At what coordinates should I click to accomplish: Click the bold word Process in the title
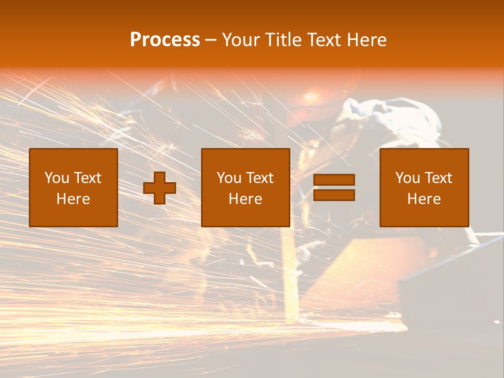tap(165, 40)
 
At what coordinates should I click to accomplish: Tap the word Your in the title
tap(239, 40)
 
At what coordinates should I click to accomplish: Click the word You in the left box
tap(57, 178)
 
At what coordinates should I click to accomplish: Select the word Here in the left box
tap(73, 199)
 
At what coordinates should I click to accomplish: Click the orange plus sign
tap(160, 188)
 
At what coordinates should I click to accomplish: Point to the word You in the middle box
tap(229, 178)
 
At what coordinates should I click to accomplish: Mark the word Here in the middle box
tap(245, 199)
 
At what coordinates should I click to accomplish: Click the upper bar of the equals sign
tap(334, 180)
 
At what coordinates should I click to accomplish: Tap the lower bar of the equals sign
tap(334, 195)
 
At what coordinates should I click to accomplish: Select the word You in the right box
tap(407, 178)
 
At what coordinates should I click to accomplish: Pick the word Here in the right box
tap(424, 199)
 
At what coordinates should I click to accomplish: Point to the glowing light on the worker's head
tap(310, 97)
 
